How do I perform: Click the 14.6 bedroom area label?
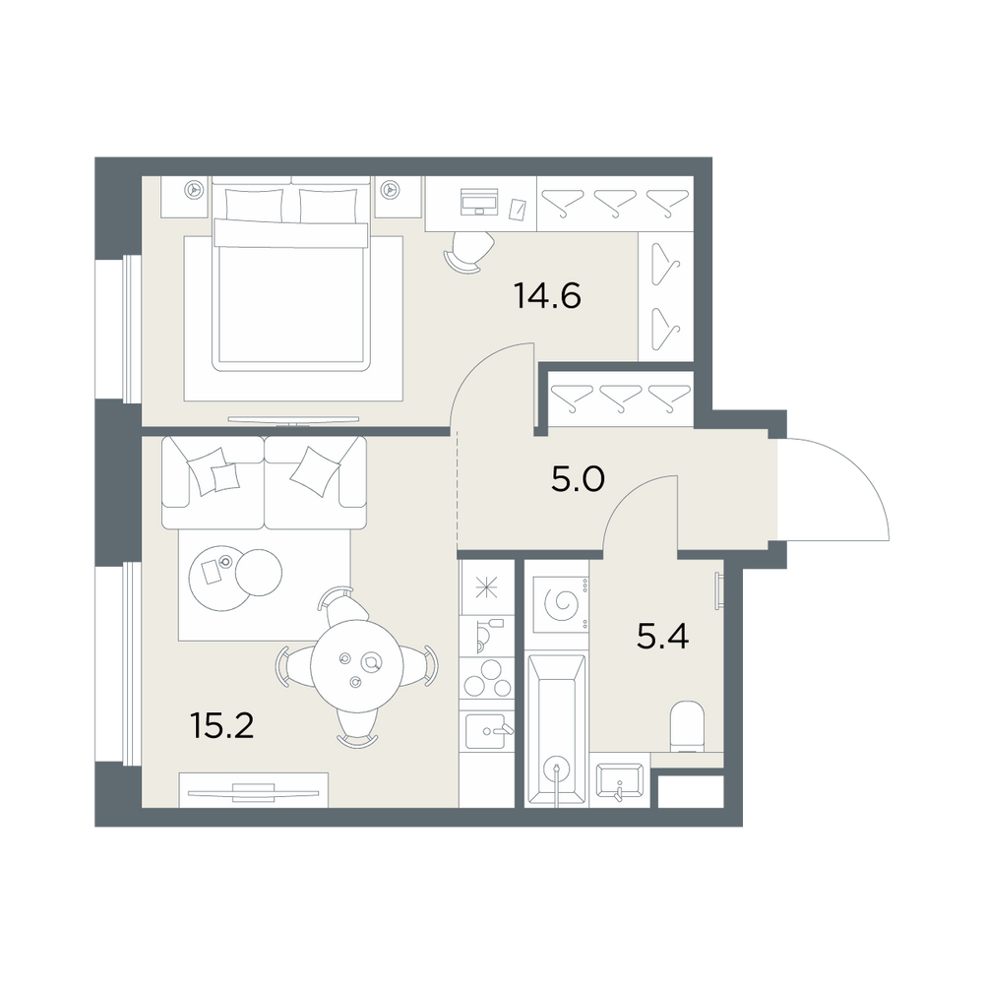pos(547,295)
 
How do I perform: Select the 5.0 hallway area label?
pos(578,480)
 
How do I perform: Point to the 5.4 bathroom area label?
pos(662,637)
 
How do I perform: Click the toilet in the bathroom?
pos(687,727)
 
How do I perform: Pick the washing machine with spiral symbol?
pos(560,604)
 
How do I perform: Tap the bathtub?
pos(557,730)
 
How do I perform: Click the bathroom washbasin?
pos(619,780)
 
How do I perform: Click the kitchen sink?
pos(489,731)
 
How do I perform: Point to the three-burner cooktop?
pos(487,678)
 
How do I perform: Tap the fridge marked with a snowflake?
pos(487,588)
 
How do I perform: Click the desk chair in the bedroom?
pos(468,251)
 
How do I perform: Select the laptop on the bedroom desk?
pos(480,202)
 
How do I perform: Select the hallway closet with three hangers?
pos(620,398)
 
